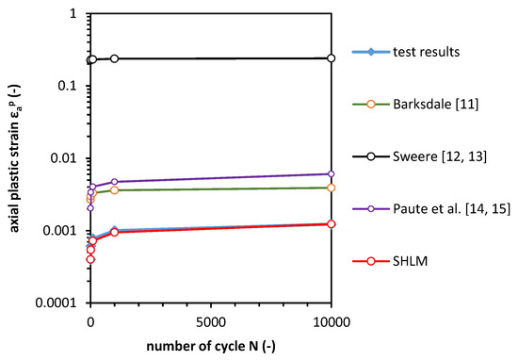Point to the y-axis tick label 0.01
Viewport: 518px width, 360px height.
[x=63, y=158]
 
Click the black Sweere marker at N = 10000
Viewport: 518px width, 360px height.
[x=331, y=58]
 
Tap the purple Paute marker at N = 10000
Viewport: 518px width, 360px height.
[x=331, y=173]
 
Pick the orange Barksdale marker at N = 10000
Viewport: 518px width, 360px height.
[x=331, y=188]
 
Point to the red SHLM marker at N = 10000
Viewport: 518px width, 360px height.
[x=331, y=223]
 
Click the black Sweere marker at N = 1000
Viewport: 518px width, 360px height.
[x=114, y=58]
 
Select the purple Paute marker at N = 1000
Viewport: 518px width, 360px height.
[x=114, y=181]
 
